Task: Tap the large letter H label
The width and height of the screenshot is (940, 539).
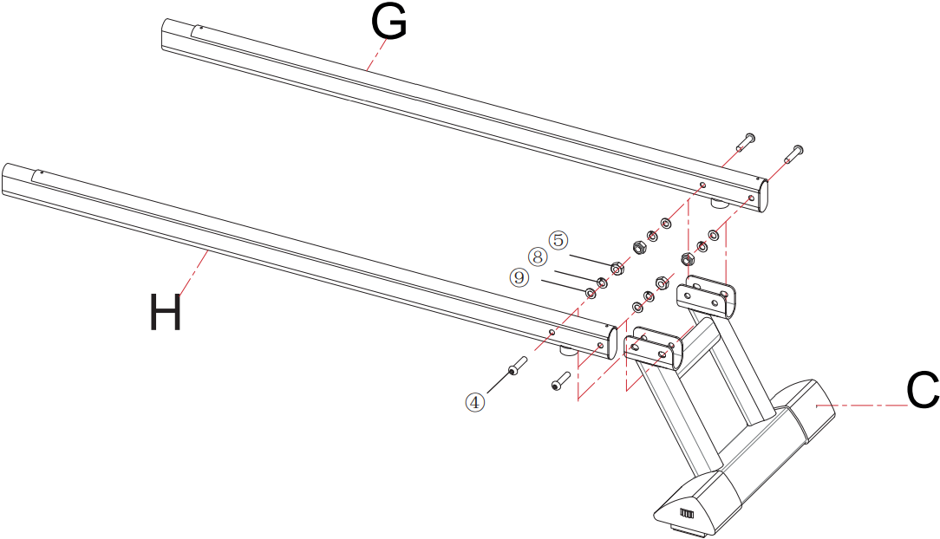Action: coord(165,312)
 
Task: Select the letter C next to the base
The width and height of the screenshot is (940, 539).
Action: coord(922,393)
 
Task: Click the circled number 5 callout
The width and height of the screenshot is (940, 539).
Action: coord(558,240)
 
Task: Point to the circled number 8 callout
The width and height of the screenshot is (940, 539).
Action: coord(538,257)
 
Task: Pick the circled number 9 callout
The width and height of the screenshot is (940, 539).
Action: coord(519,276)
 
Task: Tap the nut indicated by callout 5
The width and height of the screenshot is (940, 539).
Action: coord(617,269)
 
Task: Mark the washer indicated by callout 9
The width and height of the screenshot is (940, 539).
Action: coord(590,292)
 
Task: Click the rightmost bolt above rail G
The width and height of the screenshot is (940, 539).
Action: coord(793,153)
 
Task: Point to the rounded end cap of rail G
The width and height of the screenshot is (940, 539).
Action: coord(764,193)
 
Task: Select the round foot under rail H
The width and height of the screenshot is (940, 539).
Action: coord(568,351)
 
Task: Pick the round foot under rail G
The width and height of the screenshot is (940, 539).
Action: coord(719,204)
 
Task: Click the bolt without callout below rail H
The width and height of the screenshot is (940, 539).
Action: coord(560,380)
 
